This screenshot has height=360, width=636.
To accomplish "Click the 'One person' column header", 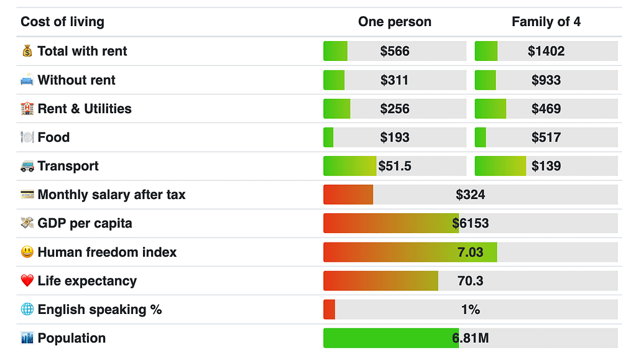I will tap(394, 22).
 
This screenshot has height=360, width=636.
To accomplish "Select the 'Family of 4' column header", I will tap(546, 22).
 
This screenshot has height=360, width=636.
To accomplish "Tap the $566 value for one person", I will tap(395, 51).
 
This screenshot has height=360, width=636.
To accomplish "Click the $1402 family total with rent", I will tap(546, 51).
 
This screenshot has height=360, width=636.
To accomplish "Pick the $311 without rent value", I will tap(395, 80).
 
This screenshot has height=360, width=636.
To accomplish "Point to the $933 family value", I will tap(546, 80).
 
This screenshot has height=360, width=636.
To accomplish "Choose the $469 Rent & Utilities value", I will tap(546, 109).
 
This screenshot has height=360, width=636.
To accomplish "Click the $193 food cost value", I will tap(395, 137).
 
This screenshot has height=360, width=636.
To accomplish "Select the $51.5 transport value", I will tap(395, 166).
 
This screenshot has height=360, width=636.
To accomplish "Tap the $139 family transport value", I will tap(546, 166).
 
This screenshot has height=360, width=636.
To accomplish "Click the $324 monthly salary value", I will tap(470, 195).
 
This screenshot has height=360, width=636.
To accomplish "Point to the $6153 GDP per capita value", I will tap(470, 223).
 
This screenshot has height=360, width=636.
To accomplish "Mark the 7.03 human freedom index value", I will tap(470, 252).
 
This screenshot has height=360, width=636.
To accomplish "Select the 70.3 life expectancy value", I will tap(470, 281).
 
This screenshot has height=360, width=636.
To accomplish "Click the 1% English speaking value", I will tap(470, 310).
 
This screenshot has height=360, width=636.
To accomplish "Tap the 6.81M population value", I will tap(470, 338).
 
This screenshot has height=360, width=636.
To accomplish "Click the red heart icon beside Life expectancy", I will tap(27, 281).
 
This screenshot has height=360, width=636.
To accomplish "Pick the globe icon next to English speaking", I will tap(27, 310).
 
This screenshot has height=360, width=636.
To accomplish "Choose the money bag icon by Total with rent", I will tap(27, 51).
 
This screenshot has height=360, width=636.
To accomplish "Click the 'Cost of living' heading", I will tap(62, 22).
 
